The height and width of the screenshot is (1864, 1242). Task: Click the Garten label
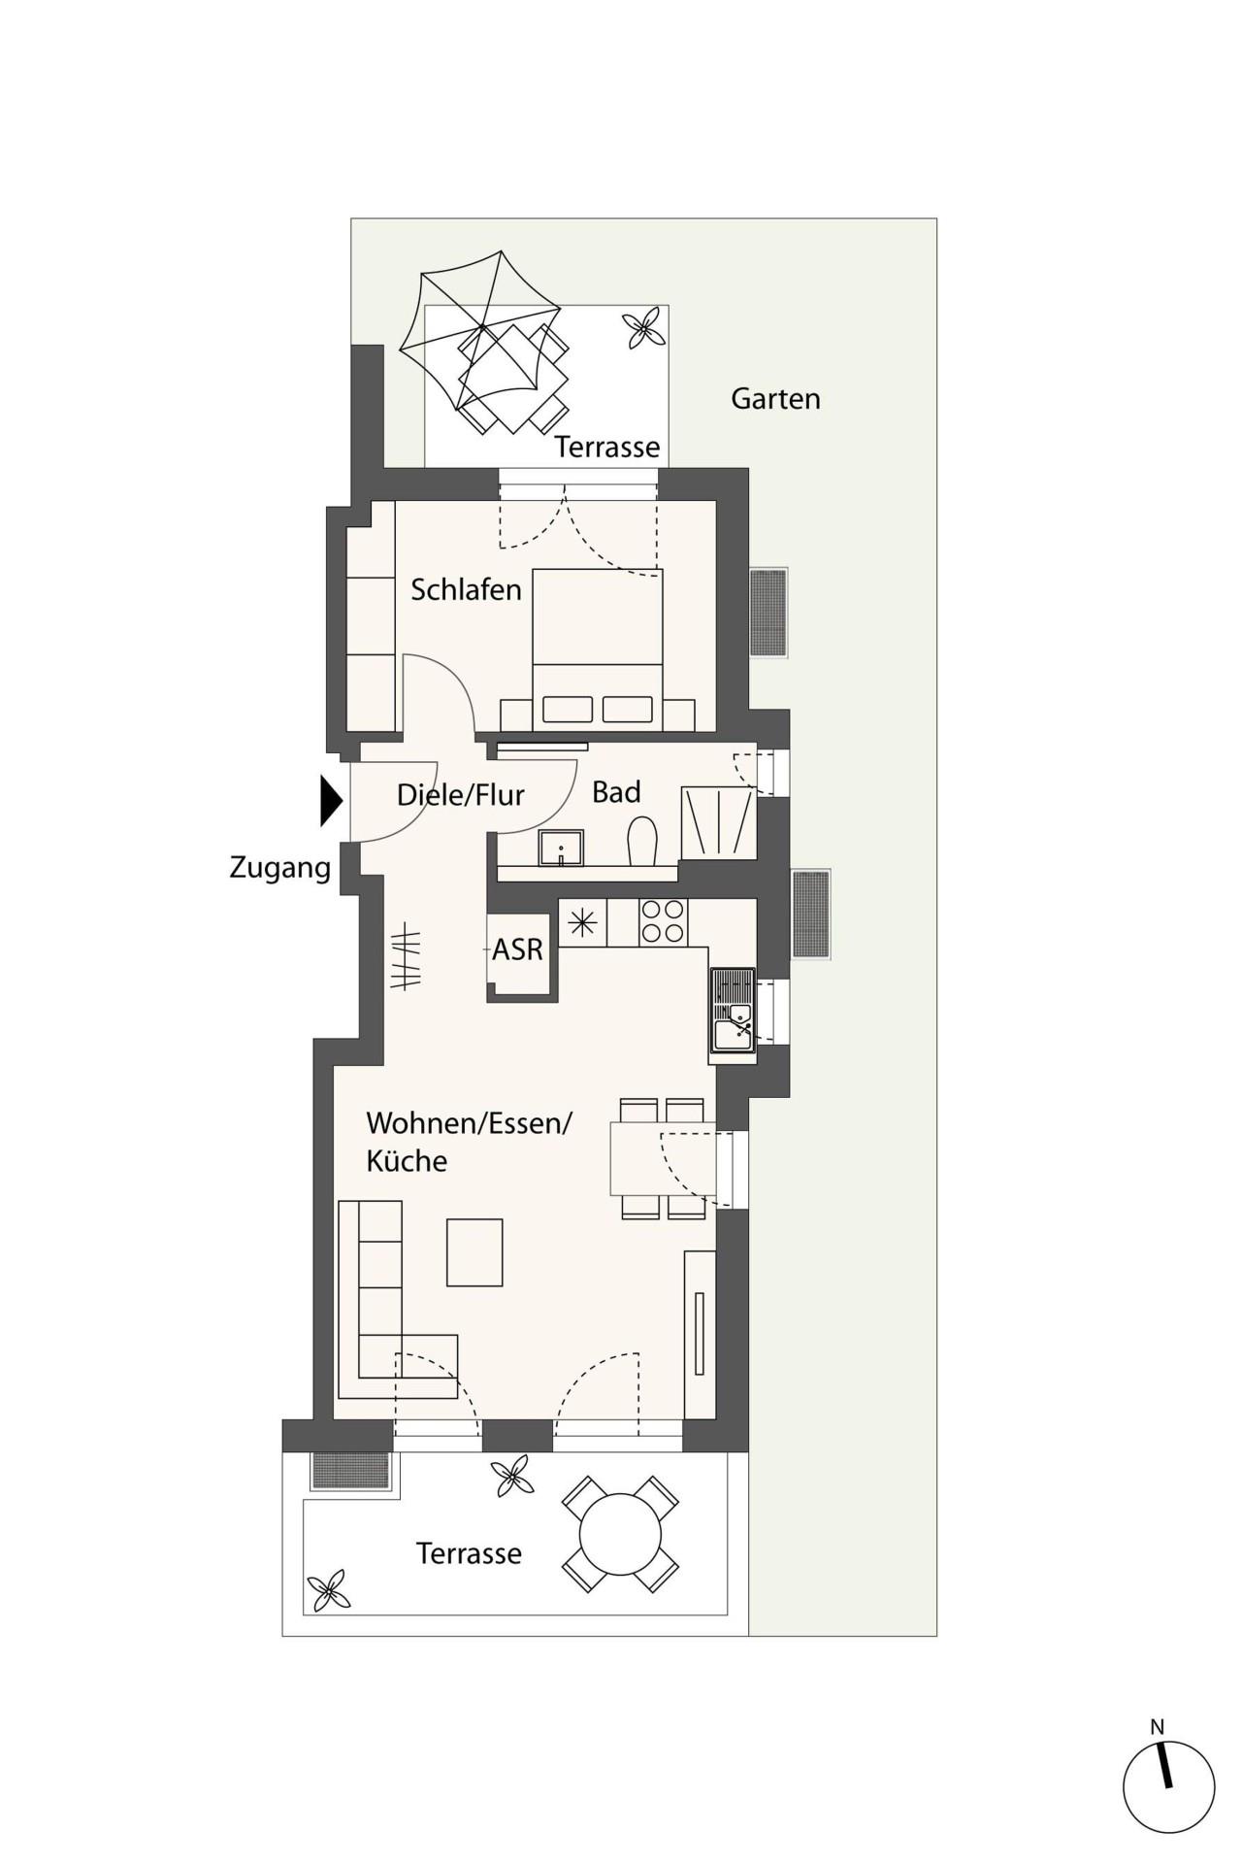coord(775,398)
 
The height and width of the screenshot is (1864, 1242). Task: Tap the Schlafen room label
coord(466,589)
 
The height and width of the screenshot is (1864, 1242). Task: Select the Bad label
coord(616,792)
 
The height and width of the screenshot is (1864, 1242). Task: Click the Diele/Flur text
coord(461,795)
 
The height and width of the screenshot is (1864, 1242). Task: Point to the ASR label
coord(517,949)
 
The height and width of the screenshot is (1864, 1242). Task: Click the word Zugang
coord(280,868)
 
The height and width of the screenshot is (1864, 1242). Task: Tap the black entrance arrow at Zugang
coord(332,801)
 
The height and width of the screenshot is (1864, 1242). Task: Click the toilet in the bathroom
coord(642,841)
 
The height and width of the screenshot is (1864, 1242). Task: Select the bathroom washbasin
coord(561,848)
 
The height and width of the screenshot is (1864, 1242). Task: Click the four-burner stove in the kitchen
coord(662,922)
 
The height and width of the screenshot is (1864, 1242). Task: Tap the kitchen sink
coord(734,1010)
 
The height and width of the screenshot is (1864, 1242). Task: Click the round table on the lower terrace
coord(620,1535)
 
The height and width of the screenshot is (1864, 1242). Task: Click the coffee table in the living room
coord(474,1252)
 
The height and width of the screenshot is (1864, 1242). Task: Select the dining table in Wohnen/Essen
coord(663,1158)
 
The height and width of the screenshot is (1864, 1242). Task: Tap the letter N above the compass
coord(1157,1727)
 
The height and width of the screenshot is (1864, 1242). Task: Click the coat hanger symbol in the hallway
coord(407,960)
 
